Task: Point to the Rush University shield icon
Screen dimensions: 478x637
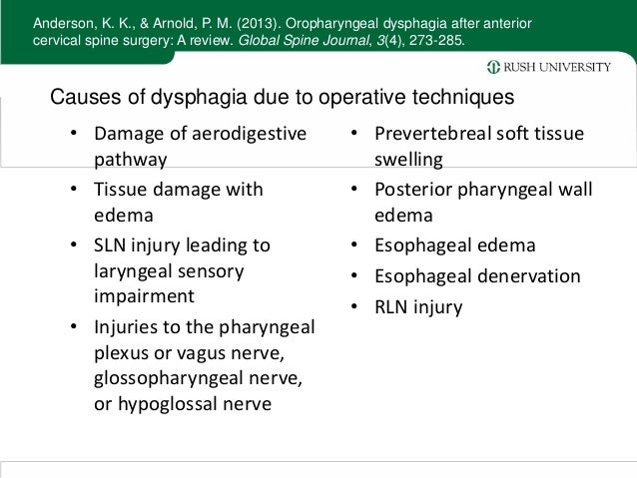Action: click(x=493, y=67)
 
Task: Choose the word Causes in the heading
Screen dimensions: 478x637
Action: click(x=82, y=98)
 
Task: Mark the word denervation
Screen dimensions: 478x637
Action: click(x=517, y=276)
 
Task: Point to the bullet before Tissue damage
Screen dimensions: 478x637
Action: click(x=75, y=190)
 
